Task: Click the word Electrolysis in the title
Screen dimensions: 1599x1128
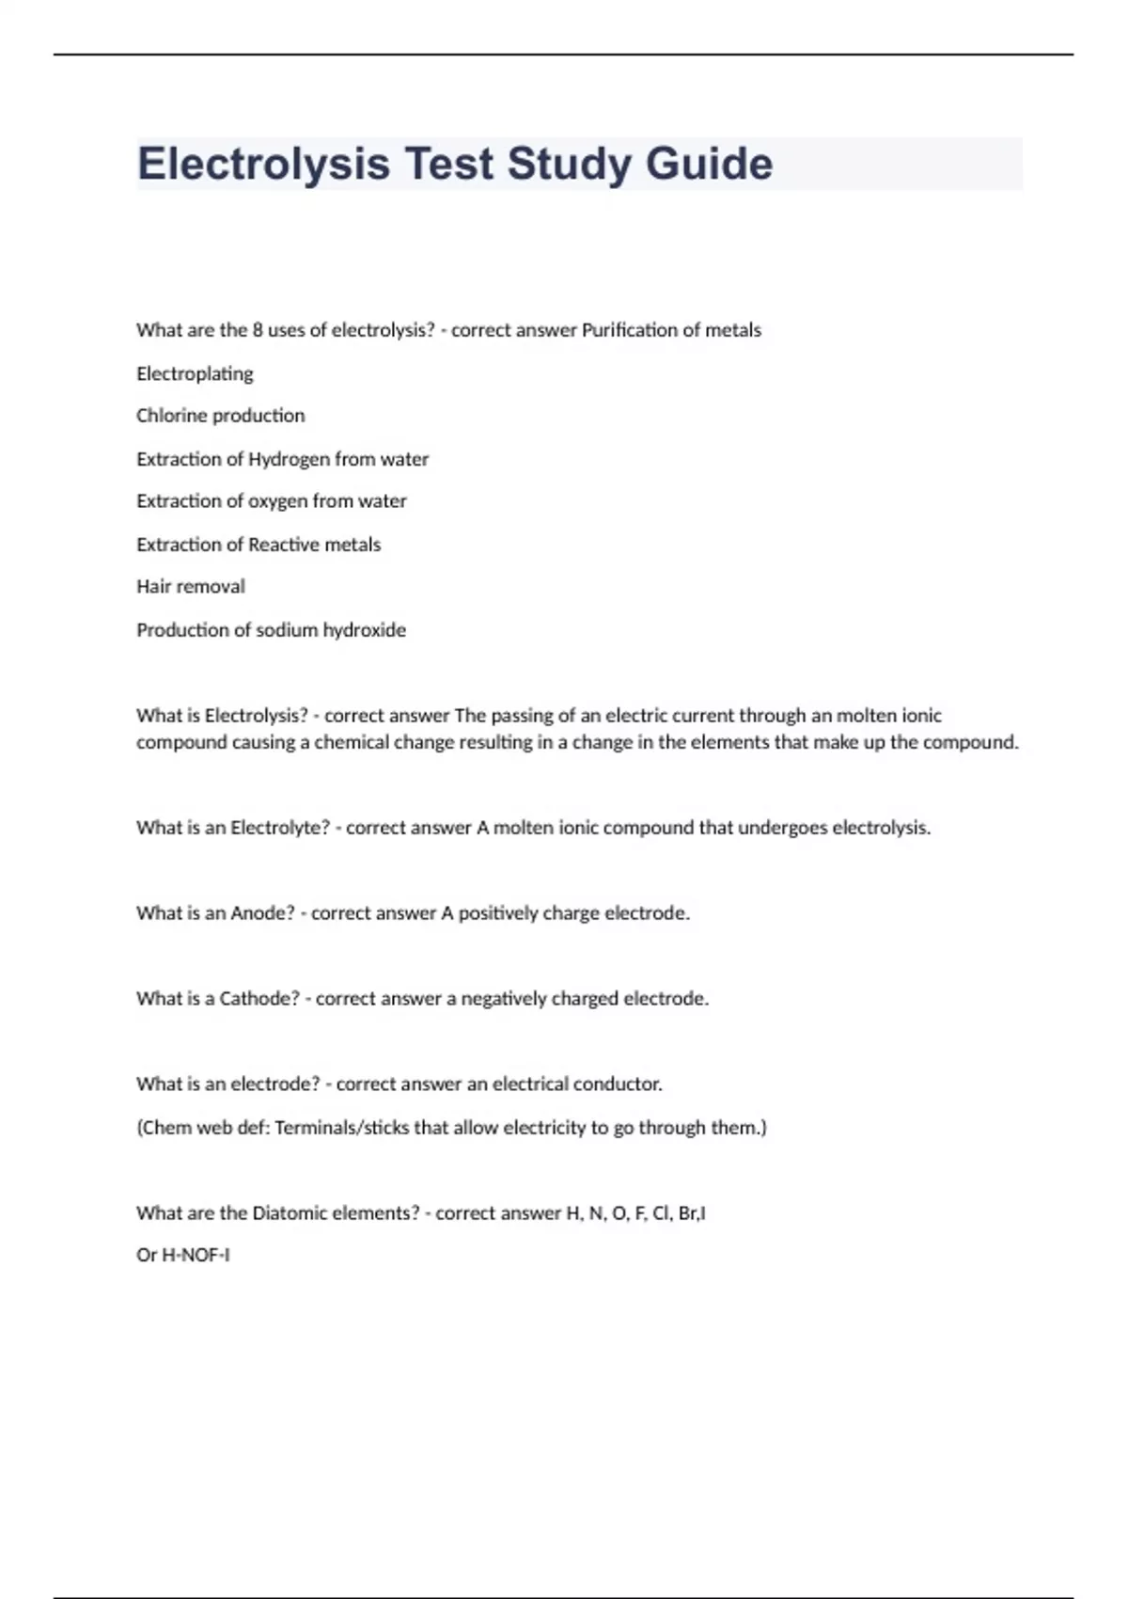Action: (263, 164)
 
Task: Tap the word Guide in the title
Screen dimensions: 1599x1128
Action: (709, 164)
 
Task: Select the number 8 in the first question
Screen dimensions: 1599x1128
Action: (257, 330)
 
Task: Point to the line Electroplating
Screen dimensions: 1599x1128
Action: (195, 373)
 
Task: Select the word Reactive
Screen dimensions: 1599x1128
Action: (284, 545)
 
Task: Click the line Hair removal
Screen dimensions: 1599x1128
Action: (191, 587)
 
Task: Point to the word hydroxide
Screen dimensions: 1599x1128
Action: (365, 630)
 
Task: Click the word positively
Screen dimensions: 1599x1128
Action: (497, 913)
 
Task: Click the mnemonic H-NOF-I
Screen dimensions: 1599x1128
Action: (196, 1256)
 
